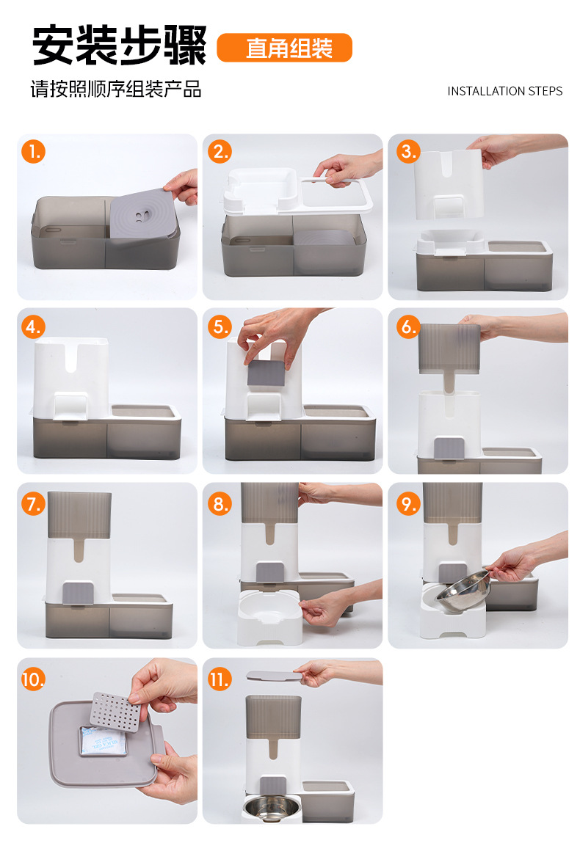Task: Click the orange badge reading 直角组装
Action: tap(285, 48)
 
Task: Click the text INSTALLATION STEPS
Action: tap(505, 91)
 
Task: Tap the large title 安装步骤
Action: tap(120, 45)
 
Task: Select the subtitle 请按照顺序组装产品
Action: tap(116, 89)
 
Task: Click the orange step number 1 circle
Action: tap(33, 151)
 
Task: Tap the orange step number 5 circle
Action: tap(220, 326)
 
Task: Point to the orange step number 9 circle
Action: tap(407, 504)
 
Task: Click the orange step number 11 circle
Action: tap(220, 679)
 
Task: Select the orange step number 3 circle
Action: tap(407, 151)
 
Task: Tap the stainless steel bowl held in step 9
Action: tap(463, 591)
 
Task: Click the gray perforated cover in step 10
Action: tap(115, 712)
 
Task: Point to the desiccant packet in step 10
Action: tap(103, 741)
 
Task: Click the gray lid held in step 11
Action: tap(274, 676)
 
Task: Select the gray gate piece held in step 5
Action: tap(267, 373)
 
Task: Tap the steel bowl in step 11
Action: tap(271, 806)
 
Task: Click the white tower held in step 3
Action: tap(449, 184)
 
